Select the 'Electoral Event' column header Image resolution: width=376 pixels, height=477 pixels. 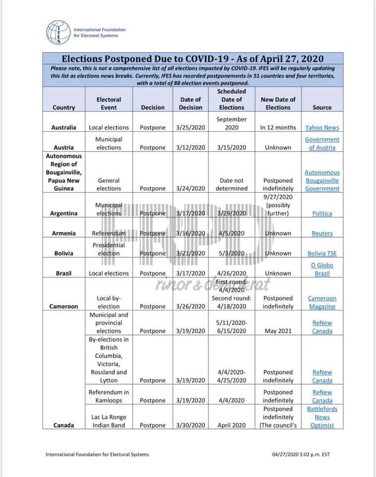109,103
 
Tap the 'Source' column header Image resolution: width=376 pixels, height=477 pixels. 322,107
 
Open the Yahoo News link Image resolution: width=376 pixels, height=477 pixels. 322,128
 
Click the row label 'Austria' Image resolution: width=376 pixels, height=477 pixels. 64,148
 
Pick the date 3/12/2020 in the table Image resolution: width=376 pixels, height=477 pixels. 190,148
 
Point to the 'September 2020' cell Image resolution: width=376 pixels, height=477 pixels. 231,123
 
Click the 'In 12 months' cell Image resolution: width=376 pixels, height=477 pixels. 278,128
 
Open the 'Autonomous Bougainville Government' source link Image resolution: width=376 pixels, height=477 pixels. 322,180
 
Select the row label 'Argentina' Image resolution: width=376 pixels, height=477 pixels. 64,214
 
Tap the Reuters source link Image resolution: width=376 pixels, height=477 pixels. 322,234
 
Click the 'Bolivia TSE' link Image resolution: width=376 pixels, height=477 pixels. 322,253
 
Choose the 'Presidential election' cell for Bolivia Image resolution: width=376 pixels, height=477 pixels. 109,249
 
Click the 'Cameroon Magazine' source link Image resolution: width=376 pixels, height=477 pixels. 322,303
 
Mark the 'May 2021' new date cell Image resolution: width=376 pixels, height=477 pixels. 278,331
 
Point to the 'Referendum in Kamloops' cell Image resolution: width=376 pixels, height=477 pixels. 109,396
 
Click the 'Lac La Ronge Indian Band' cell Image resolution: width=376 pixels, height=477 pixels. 109,421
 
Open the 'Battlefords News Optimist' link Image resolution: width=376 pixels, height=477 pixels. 322,417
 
